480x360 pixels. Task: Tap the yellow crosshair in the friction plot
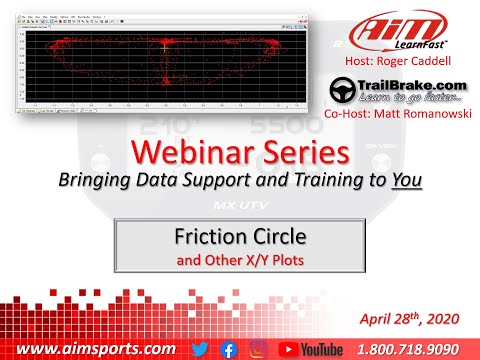[164, 44]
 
